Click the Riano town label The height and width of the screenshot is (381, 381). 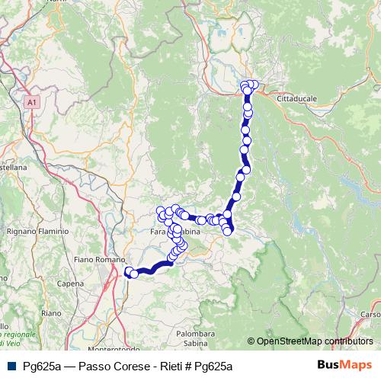point(51,313)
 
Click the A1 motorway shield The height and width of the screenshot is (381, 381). point(30,101)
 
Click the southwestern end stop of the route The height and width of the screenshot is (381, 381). point(128,271)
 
